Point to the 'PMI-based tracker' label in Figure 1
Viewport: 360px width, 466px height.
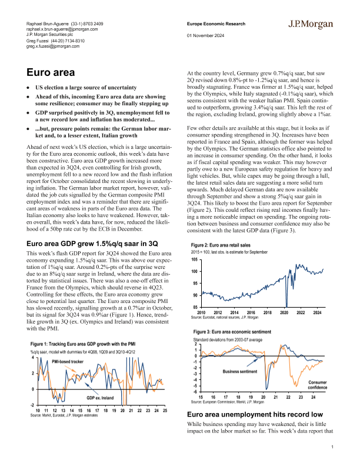click(68, 360)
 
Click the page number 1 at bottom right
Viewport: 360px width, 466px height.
click(332, 448)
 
